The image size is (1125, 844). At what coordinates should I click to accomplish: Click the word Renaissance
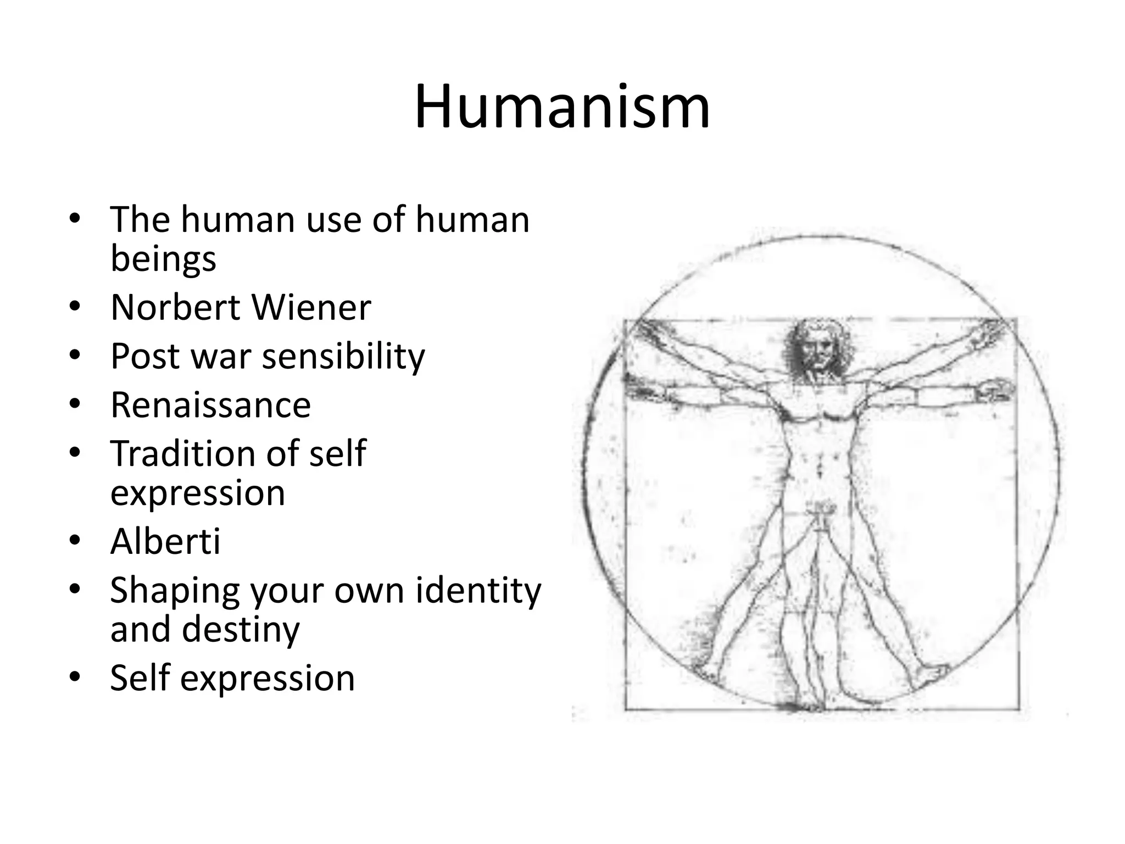coord(210,405)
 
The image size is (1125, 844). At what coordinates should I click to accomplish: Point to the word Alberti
coord(165,541)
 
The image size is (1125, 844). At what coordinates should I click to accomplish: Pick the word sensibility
coord(343,357)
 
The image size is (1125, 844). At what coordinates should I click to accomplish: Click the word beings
coord(163,259)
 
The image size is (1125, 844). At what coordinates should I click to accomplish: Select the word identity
coord(478,591)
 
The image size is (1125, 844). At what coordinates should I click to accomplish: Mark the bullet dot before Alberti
coord(75,541)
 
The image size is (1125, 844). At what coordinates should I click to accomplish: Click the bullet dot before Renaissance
coord(75,404)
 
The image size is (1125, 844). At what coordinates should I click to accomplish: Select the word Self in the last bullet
coord(140,678)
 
